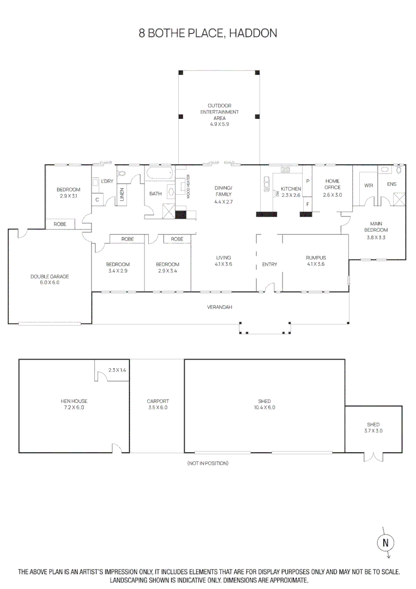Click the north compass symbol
tap(386, 542)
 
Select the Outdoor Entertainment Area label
tap(220, 112)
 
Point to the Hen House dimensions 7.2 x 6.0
tap(73, 407)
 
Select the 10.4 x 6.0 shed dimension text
tap(264, 407)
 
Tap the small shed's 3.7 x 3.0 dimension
tap(373, 431)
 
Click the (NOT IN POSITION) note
tap(208, 463)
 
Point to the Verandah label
tap(220, 307)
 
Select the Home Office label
tap(332, 184)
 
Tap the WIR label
tap(369, 185)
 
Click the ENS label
tap(391, 184)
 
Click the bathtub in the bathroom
tap(159, 175)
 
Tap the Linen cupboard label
tap(122, 194)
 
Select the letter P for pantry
tap(308, 181)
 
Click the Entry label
tap(269, 265)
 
